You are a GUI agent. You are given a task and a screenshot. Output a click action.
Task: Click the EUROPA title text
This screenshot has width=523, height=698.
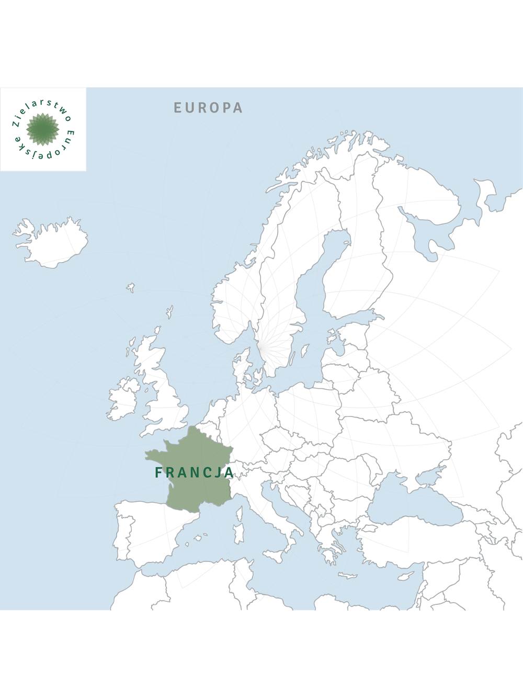(x=208, y=108)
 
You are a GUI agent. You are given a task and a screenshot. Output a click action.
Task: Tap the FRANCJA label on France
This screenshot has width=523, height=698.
(x=195, y=472)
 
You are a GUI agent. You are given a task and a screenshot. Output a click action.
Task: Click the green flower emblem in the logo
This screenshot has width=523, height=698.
(x=43, y=129)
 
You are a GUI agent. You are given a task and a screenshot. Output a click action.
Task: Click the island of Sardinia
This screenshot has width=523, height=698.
(x=239, y=533)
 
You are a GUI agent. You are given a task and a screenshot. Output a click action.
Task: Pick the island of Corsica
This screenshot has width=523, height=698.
(x=240, y=513)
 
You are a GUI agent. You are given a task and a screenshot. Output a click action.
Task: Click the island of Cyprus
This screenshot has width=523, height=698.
(x=405, y=576)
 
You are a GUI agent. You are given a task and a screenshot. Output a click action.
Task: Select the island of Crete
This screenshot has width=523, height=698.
(x=347, y=576)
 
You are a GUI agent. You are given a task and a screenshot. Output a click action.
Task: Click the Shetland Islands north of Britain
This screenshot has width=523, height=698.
(x=169, y=312)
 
